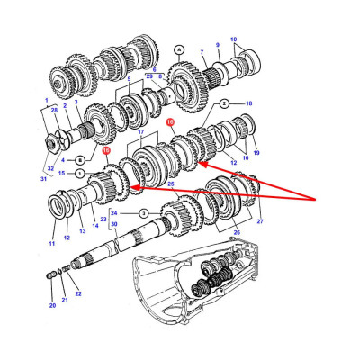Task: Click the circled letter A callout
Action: coord(179,48)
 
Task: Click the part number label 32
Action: coord(51,168)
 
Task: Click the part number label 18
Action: coord(249,103)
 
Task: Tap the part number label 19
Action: coord(256,153)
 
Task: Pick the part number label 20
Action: coord(52,305)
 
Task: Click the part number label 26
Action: coord(236,241)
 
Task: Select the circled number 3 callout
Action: coord(167,213)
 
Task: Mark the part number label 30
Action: coord(114,248)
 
